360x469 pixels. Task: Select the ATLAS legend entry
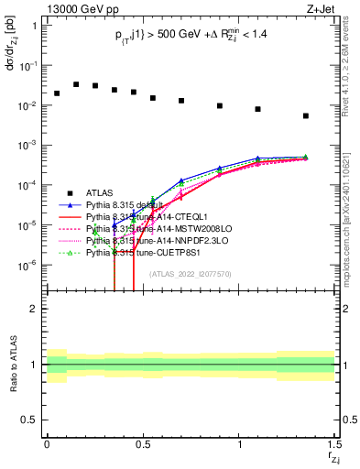point(101,192)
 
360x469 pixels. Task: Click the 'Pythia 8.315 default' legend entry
point(132,204)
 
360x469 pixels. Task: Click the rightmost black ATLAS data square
point(306,116)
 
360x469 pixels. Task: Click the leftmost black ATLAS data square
point(57,93)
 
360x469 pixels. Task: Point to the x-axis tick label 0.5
point(143,443)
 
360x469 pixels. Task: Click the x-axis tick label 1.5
point(334,443)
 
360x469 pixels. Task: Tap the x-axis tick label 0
point(47,443)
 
